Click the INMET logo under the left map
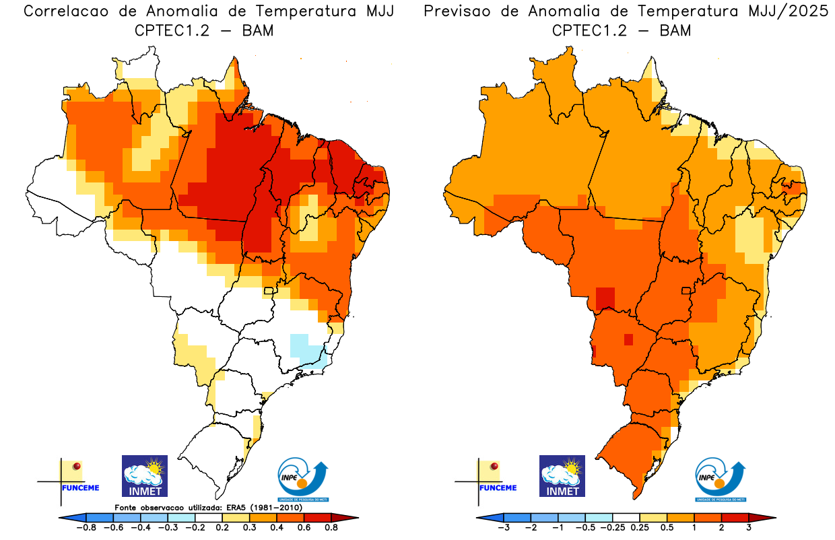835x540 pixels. tap(144, 475)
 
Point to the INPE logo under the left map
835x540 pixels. tap(304, 479)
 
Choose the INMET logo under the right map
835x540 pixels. tap(562, 475)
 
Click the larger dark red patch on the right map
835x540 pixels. tap(605, 297)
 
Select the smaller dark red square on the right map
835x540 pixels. tap(628, 339)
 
